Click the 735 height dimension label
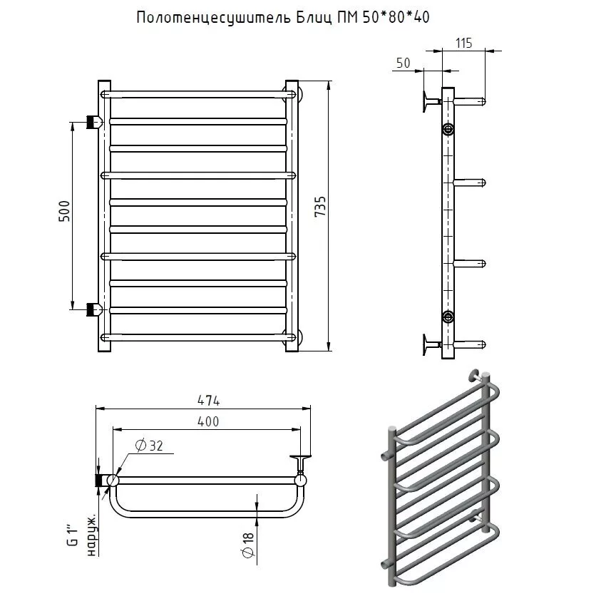click(x=321, y=209)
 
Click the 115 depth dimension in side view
click(x=463, y=43)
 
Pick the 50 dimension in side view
click(x=403, y=63)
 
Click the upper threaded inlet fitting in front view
click(x=92, y=120)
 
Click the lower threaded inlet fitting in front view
click(x=92, y=309)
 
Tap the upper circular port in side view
click(x=448, y=129)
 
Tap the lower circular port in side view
click(x=448, y=317)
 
